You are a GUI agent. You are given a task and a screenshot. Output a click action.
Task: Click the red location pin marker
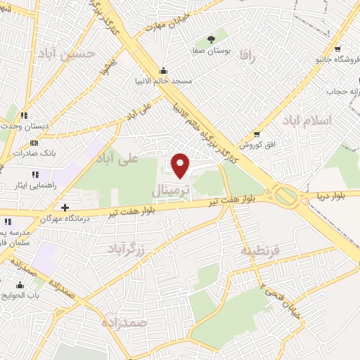tap(181, 165)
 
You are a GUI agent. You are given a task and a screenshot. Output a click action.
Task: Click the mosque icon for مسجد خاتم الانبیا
tap(164, 70)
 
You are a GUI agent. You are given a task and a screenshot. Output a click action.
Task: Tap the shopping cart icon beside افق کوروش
tap(257, 134)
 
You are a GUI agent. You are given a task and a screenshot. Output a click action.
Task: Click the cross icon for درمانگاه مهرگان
tap(65, 207)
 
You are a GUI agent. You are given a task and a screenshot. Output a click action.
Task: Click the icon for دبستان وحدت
tap(25, 115)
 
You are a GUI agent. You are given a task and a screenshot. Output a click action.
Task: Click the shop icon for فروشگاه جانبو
tap(339, 50)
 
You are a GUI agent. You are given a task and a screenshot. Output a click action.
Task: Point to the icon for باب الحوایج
tap(20, 285)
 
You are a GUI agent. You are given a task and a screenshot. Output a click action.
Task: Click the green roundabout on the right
tap(285, 196)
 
